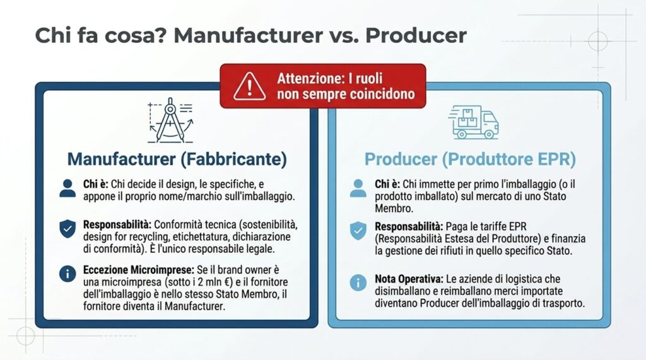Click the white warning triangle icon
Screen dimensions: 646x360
pos(249,86)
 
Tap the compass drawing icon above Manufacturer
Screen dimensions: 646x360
pos(170,120)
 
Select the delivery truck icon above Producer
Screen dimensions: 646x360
pos(473,122)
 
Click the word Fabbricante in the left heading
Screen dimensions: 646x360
pos(233,159)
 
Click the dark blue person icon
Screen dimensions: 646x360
pos(68,189)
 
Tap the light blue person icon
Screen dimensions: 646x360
pos(358,189)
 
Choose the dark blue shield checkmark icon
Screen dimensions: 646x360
pos(68,229)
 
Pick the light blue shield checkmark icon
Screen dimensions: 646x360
pos(358,231)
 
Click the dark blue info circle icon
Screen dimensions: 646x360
pos(68,274)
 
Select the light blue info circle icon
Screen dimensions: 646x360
pos(358,283)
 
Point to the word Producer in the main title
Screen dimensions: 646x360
pos(416,35)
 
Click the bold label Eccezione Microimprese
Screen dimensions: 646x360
pos(138,270)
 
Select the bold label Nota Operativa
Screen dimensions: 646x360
pos(409,279)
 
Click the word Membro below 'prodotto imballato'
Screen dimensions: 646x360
pos(394,209)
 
